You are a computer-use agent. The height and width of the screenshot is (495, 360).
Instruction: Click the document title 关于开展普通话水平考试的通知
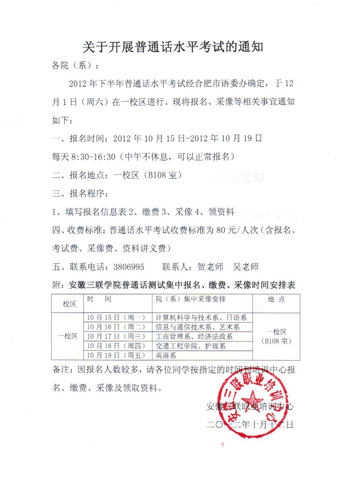[172, 47]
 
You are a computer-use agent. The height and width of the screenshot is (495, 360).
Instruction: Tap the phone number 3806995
[129, 267]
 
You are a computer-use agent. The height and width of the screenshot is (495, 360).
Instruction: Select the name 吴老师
[246, 267]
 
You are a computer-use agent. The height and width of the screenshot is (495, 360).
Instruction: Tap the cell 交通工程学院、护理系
[191, 346]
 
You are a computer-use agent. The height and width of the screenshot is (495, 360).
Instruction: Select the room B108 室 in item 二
[163, 175]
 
